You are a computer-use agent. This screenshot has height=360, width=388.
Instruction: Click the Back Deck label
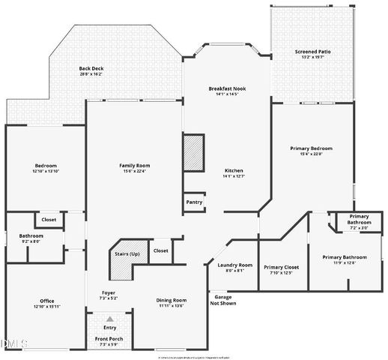(91, 69)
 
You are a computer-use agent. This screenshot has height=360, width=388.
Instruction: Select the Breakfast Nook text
(227, 88)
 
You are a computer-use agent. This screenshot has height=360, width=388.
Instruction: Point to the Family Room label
(135, 165)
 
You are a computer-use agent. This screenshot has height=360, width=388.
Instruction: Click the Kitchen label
(234, 170)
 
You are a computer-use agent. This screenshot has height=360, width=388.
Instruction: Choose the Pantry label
(193, 202)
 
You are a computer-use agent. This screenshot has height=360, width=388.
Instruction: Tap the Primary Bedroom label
(311, 148)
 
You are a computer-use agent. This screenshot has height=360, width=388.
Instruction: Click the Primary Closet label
(282, 266)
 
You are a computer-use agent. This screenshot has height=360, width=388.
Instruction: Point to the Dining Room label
(171, 300)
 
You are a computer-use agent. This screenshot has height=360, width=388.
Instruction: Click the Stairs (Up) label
(127, 253)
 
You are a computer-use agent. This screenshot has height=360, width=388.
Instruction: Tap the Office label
(46, 301)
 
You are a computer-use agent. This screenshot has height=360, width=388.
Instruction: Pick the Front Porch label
(109, 339)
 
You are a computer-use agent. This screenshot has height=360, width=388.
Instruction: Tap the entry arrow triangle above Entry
(110, 319)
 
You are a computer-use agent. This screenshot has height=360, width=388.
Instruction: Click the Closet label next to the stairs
(160, 250)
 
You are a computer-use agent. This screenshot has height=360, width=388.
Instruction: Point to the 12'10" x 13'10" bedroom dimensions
(46, 172)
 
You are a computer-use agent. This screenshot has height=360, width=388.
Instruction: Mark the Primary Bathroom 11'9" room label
(343, 257)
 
